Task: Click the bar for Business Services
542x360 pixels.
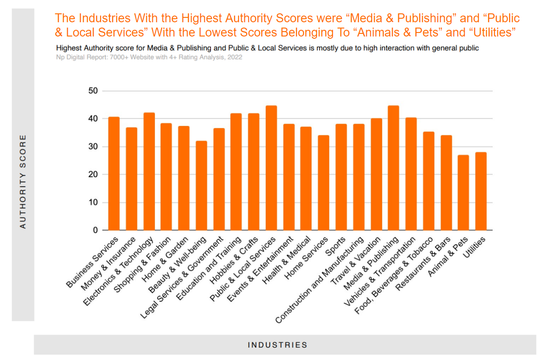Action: (113, 174)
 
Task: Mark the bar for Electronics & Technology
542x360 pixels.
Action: (149, 171)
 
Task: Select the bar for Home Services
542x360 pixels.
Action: (324, 183)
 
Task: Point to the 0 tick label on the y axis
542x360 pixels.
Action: (95, 231)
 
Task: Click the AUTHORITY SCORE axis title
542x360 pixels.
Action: (23, 182)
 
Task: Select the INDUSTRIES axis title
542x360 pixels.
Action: (277, 345)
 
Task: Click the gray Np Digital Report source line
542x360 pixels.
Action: (149, 57)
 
